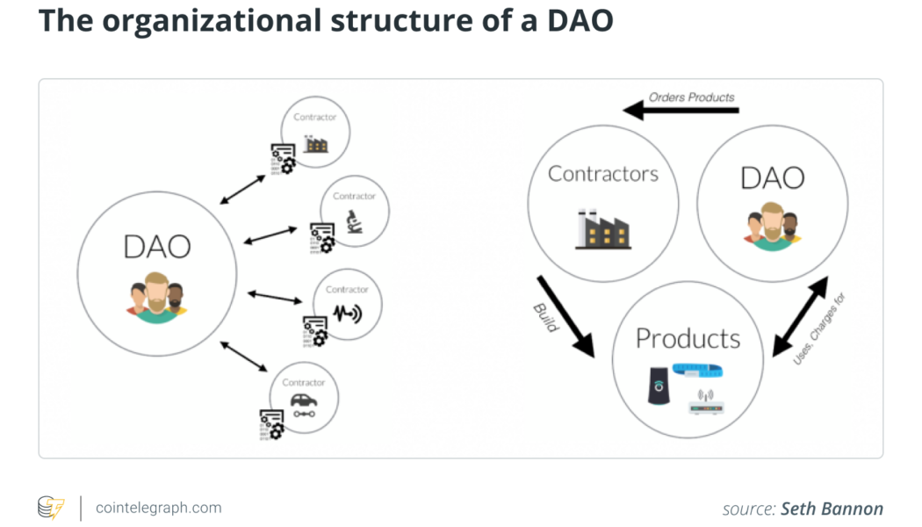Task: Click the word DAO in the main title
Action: pos(572,21)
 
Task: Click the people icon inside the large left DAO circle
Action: pos(156,298)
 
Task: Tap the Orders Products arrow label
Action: pos(692,97)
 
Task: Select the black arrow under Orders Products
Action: pos(681,111)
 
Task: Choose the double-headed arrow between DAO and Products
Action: pos(799,317)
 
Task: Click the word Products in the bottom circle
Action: pos(688,338)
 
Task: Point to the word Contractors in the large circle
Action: pos(602,174)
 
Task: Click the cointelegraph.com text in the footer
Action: pos(158,508)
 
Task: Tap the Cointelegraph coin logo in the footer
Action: pos(50,508)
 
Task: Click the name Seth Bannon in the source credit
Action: pos(832,509)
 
